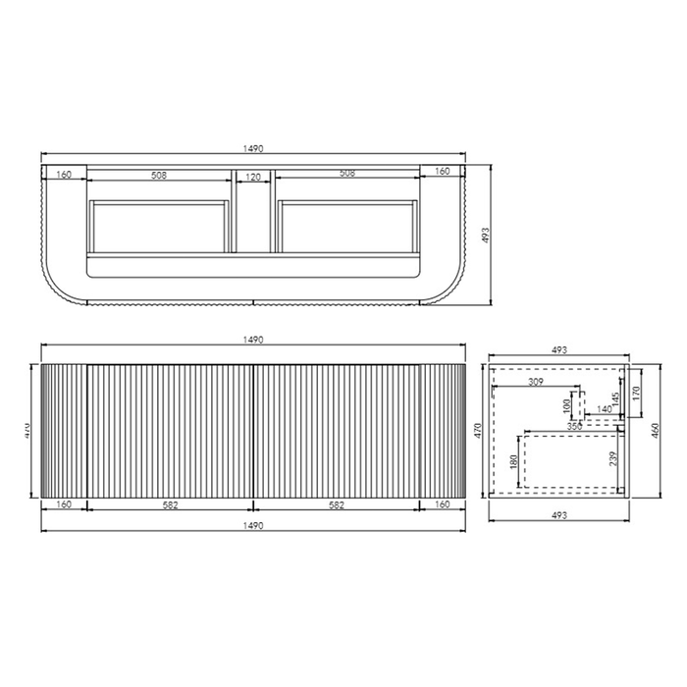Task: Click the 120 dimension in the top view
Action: point(253,177)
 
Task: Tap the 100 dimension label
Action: point(566,405)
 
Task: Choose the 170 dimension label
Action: point(638,394)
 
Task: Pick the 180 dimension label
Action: point(514,462)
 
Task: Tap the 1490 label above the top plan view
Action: point(253,148)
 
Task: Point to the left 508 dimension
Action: point(158,177)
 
